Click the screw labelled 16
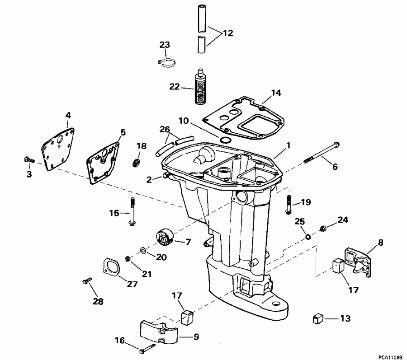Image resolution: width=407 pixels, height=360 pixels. coord(147,349)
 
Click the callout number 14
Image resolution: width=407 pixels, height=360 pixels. coord(276,93)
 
